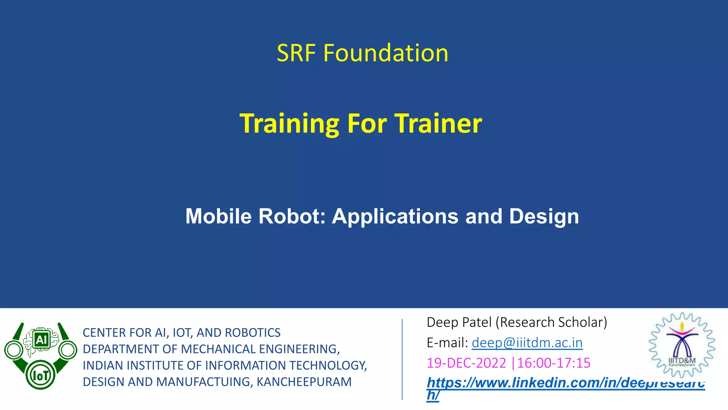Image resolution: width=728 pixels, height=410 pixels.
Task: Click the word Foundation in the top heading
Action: tap(385, 53)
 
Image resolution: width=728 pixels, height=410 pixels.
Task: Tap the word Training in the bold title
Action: tap(289, 123)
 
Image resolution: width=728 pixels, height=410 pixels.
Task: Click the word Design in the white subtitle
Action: tap(544, 216)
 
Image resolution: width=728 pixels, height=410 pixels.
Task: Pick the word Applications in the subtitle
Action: tap(395, 217)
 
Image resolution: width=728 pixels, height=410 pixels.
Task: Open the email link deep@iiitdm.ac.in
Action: tap(527, 343)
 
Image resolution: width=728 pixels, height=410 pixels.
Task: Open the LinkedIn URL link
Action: tap(565, 383)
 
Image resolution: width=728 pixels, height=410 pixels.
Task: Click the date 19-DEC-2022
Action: tap(466, 363)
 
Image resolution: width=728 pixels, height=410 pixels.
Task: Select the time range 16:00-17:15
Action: tap(553, 363)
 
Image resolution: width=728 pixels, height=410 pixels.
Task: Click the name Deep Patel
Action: tap(459, 322)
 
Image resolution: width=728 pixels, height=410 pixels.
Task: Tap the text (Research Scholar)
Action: tap(551, 322)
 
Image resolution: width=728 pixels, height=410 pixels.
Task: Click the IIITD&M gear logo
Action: tap(682, 345)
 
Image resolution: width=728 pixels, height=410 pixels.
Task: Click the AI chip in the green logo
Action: tap(41, 340)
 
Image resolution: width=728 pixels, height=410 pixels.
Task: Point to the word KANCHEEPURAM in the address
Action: tap(304, 382)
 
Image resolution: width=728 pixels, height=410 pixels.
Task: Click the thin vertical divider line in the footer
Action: tap(402, 359)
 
